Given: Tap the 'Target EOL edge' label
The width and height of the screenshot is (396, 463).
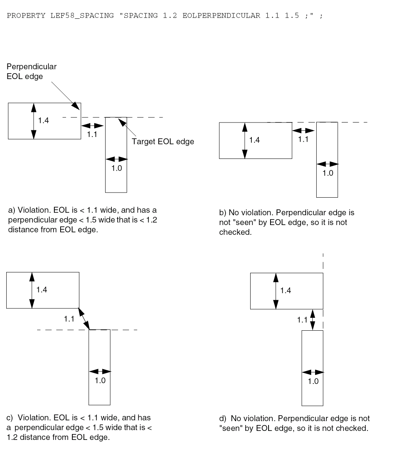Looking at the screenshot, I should click(163, 142).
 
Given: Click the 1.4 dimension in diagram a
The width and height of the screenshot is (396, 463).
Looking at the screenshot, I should click(43, 121).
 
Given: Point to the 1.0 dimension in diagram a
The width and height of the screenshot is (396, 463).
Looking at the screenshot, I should click(116, 169).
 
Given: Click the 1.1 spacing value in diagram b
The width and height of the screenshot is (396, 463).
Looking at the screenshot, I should click(303, 139).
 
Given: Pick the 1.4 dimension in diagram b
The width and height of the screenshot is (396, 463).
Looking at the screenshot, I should click(254, 140).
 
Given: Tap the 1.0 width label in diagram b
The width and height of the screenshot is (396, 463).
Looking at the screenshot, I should click(328, 173).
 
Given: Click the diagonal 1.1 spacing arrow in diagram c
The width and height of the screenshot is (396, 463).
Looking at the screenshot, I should click(84, 319).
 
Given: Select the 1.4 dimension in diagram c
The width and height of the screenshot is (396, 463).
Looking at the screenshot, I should click(41, 290).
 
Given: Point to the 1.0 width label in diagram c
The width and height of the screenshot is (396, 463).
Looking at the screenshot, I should click(100, 380).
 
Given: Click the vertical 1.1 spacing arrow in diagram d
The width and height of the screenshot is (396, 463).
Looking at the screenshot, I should click(312, 320).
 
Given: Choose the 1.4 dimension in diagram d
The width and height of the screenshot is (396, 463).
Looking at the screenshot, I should click(286, 290).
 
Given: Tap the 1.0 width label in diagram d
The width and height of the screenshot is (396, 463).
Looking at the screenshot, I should click(313, 382).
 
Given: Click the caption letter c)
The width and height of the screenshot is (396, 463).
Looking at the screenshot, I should click(11, 418).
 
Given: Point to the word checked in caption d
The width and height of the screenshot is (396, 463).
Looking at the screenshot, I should click(353, 428).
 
